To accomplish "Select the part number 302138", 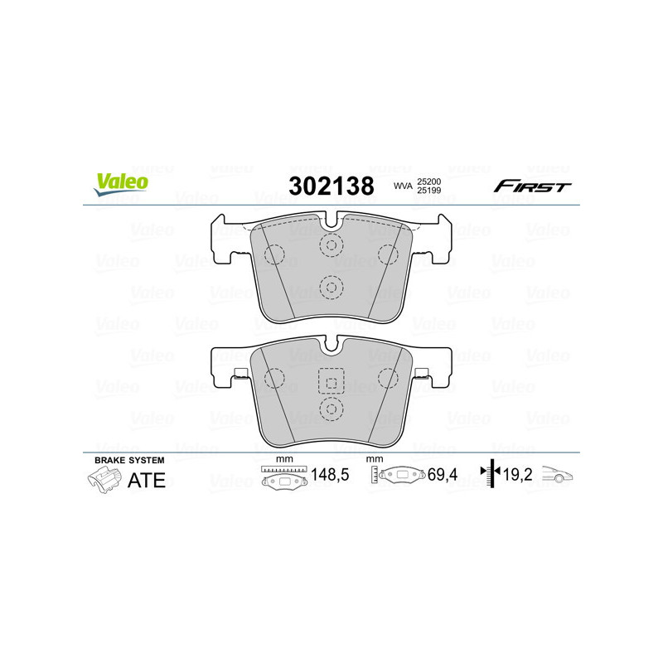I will (x=331, y=186).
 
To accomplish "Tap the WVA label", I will (x=403, y=186).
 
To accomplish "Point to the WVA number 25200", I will (x=428, y=181).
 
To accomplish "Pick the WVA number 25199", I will (x=428, y=192).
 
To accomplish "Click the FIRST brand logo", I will (x=532, y=186).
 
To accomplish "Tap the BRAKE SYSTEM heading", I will (x=129, y=460).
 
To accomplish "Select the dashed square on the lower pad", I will (x=331, y=381).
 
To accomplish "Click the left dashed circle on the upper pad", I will (x=273, y=253).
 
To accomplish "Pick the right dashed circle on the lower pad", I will (x=388, y=379).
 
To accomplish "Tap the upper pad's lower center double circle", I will (x=331, y=287).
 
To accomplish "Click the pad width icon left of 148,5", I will (x=283, y=478).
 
